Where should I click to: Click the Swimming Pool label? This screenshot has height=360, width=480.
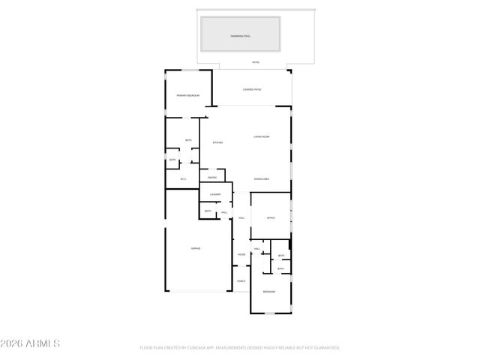click(x=240, y=35)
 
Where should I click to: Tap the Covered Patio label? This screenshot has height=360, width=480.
click(x=252, y=89)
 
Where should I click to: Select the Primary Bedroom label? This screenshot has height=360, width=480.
click(x=187, y=96)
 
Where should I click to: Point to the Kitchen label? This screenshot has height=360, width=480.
click(x=217, y=142)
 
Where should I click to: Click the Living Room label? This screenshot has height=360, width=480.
click(x=261, y=136)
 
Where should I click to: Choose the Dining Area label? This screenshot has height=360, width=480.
click(x=262, y=178)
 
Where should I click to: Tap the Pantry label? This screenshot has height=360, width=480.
click(x=212, y=178)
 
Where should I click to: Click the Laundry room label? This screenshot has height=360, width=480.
click(x=215, y=194)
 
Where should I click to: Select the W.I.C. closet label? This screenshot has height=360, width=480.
click(x=183, y=178)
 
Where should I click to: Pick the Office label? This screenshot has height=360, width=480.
click(x=271, y=217)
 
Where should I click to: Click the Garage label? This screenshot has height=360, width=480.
click(x=196, y=248)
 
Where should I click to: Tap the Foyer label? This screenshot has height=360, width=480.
click(x=241, y=255)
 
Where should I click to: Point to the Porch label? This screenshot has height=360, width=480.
click(x=241, y=281)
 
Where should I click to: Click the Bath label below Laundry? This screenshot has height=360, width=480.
click(x=208, y=211)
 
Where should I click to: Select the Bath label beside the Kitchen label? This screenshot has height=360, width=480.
click(x=188, y=140)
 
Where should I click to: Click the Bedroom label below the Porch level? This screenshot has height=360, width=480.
click(x=268, y=291)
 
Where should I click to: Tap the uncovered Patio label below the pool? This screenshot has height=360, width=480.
click(x=255, y=62)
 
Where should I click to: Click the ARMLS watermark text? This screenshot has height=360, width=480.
click(x=30, y=343)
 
